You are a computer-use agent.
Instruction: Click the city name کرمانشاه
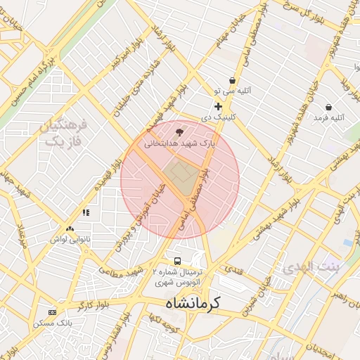(193, 303)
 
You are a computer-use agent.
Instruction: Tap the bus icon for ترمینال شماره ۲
(179, 260)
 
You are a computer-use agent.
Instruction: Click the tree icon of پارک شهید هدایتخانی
(179, 131)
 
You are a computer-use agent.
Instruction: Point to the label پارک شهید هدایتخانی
(179, 142)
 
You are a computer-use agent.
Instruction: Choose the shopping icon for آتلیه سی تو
(233, 80)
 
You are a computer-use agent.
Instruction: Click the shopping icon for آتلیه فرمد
(328, 107)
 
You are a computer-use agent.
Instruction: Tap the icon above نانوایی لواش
(70, 229)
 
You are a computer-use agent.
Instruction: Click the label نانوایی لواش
(70, 240)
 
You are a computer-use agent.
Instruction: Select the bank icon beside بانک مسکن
(51, 312)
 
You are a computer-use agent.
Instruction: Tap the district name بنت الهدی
(310, 268)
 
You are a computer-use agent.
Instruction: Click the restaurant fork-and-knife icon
(86, 212)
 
